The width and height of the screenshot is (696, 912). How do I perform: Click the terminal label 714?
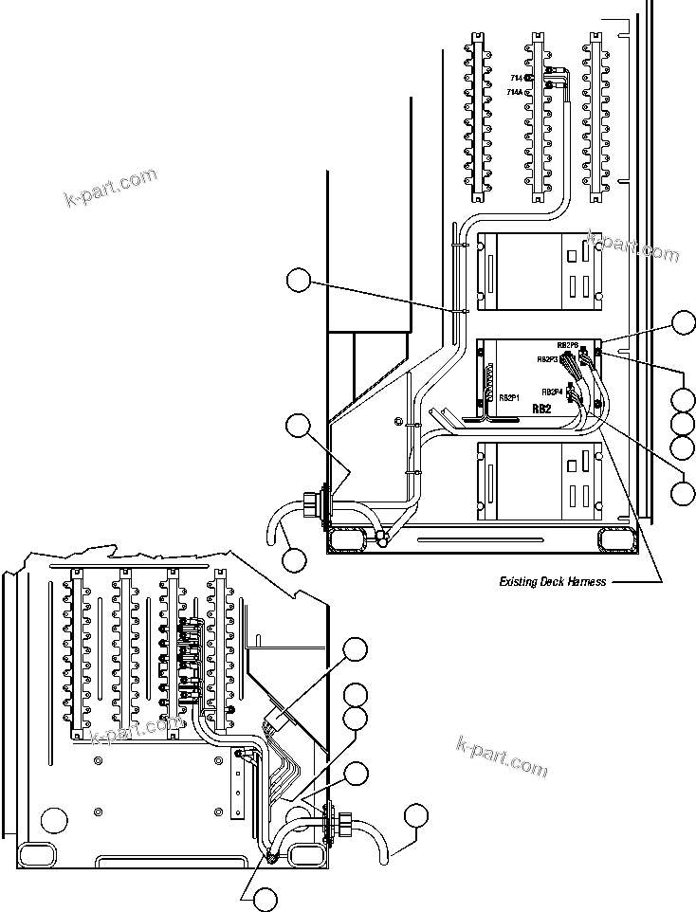[x=516, y=77]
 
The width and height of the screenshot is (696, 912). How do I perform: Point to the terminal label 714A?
[x=514, y=92]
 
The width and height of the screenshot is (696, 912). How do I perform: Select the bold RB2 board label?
[x=541, y=409]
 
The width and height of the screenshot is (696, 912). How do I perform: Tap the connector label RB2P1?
[x=509, y=397]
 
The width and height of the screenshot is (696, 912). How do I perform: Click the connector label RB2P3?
[x=547, y=359]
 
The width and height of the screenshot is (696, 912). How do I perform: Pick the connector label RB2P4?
[x=553, y=392]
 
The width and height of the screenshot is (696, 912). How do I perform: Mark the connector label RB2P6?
[x=567, y=345]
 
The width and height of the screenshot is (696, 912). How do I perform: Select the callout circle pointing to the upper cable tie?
[x=299, y=280]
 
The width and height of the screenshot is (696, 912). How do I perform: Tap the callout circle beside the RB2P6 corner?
[x=685, y=322]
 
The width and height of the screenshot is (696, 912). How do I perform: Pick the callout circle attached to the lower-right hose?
[x=415, y=816]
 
